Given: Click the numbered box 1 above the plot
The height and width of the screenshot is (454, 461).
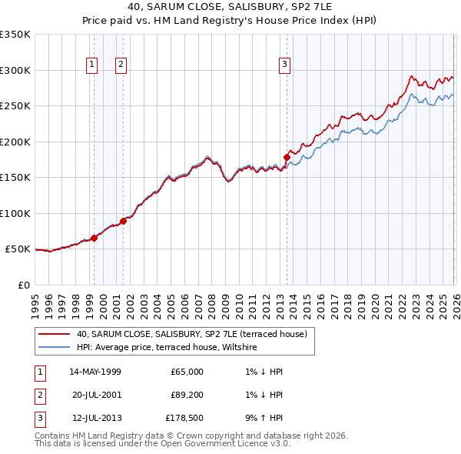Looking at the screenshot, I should point(91,65).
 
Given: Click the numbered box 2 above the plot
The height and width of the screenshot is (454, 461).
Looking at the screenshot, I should point(121,65).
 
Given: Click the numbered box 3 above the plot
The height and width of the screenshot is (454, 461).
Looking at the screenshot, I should point(284,65).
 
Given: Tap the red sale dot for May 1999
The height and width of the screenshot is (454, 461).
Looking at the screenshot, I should point(94,238).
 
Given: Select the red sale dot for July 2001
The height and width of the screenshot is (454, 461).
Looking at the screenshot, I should point(123,221).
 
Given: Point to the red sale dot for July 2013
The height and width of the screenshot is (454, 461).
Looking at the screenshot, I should point(287,157).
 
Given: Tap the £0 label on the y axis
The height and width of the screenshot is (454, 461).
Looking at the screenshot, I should point(23,285).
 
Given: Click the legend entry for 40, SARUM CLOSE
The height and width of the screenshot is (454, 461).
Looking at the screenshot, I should point(192,334).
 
